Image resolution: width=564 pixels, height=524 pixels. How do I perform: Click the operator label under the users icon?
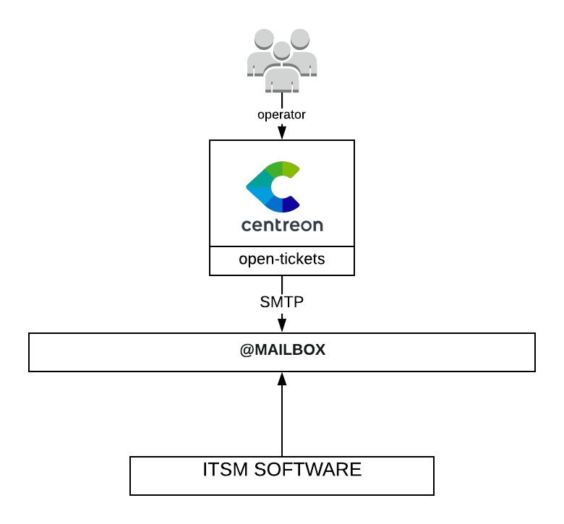click(x=282, y=114)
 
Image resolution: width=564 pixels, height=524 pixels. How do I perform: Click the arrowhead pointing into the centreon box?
click(x=282, y=134)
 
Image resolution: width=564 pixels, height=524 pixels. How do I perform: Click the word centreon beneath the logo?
click(x=282, y=225)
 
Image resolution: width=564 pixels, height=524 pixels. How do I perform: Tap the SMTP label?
click(x=282, y=302)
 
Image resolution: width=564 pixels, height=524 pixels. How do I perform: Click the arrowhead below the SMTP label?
click(x=282, y=325)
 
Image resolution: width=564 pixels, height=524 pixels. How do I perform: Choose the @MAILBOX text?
click(x=283, y=350)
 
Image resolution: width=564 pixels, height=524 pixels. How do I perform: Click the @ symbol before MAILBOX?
click(x=246, y=350)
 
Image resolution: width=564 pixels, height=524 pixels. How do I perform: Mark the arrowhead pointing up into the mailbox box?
click(x=282, y=379)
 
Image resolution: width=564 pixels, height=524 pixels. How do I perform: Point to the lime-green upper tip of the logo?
click(x=291, y=170)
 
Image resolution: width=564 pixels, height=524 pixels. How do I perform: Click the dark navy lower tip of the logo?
click(x=291, y=205)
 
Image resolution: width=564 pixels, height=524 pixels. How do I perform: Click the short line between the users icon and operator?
click(x=282, y=100)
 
